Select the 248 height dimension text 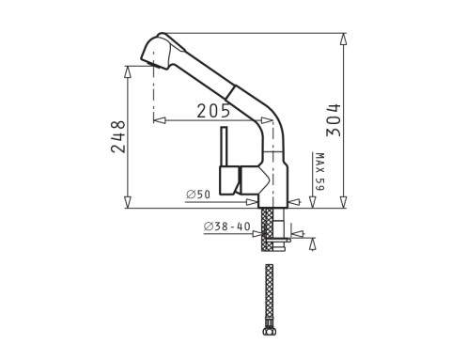coord(117,137)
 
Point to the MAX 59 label coord(319,172)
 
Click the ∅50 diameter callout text coord(198,194)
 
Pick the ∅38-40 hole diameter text coord(225,227)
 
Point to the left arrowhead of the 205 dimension coord(158,120)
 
